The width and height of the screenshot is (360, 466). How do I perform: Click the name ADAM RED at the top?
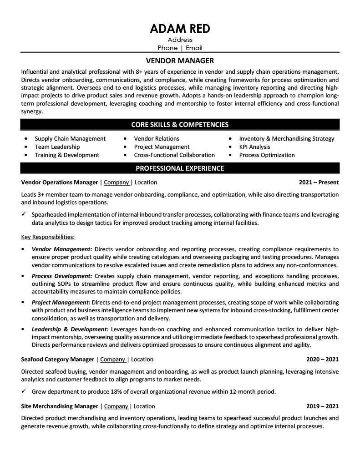[180, 29]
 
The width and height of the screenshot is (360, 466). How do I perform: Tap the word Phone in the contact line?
[167, 48]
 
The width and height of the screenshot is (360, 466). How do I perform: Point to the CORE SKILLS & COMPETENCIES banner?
[180, 124]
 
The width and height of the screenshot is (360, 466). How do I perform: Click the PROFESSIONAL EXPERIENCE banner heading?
[180, 168]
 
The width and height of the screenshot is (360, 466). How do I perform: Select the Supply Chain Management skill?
[70, 139]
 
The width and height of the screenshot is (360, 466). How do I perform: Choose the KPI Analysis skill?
[254, 147]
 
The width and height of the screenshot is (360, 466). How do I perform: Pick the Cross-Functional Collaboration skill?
[174, 155]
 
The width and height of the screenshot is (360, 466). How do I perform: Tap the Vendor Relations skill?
[157, 139]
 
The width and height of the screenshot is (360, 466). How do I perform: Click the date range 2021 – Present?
[319, 182]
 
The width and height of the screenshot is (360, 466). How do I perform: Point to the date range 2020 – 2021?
[322, 360]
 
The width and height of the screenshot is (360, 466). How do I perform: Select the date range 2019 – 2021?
[322, 406]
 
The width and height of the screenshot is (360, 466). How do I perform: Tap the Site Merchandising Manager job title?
[60, 406]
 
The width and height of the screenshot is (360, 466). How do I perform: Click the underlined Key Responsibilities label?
[48, 237]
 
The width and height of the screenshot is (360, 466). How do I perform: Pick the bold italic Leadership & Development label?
[70, 329]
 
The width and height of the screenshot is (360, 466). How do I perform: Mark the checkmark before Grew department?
[24, 391]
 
